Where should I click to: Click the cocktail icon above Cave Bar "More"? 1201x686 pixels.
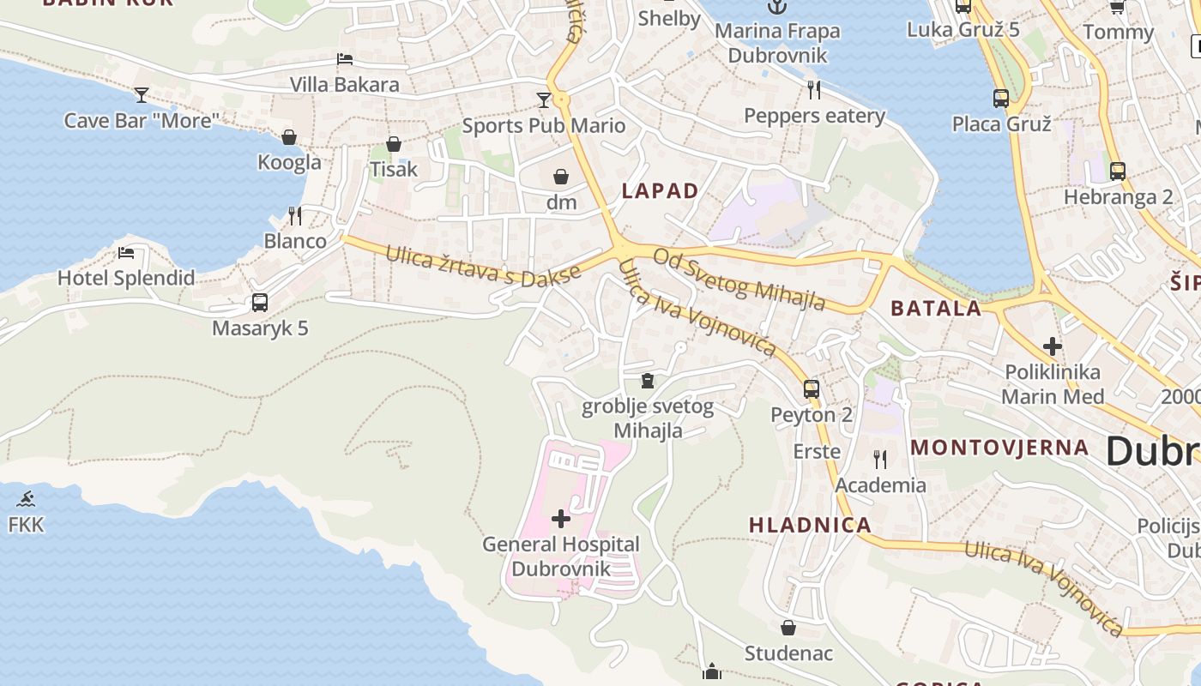pos(142,94)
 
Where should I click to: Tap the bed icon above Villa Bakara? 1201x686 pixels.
pos(344,59)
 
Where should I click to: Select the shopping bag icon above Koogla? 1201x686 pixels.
pos(289,137)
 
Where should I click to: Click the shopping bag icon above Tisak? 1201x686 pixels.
pos(394,144)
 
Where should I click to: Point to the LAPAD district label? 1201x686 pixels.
pos(660,191)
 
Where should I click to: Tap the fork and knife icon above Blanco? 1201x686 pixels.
pos(295,215)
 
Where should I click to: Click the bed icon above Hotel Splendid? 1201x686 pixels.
pos(126,252)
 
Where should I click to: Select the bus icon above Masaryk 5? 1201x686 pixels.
pos(260,303)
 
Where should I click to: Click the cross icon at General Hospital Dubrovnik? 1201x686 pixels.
pos(560,518)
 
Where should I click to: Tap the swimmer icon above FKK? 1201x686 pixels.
pos(26,499)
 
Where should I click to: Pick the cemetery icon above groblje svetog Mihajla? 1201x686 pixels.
pos(648,380)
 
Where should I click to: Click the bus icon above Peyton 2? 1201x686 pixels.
pos(812,389)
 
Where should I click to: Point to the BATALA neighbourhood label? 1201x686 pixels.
pos(936,309)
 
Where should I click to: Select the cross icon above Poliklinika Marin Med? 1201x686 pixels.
pos(1052,346)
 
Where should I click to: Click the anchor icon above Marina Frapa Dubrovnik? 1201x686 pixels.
pos(777,7)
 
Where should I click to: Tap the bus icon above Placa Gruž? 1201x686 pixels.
pos(1001,98)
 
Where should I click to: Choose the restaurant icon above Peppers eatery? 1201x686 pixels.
pos(814,89)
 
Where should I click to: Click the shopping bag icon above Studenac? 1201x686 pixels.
pos(788,628)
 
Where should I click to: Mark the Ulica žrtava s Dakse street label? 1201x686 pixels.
pos(483,266)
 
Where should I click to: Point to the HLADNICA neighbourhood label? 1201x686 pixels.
pos(810,525)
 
